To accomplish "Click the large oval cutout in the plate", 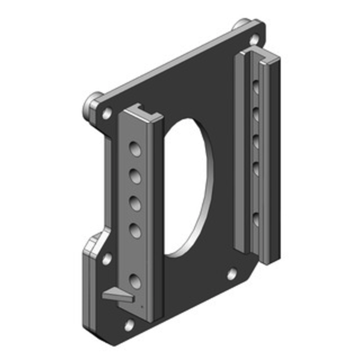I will pos(187,184).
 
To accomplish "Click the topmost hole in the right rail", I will pos(256,86).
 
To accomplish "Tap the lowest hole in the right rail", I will pos(256,219).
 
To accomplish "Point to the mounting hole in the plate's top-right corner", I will pos(255,39).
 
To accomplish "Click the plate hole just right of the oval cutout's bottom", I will pos(232,274).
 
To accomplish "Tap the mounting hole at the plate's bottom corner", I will pos(129,324).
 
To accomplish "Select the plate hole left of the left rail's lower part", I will pos(107,259).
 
